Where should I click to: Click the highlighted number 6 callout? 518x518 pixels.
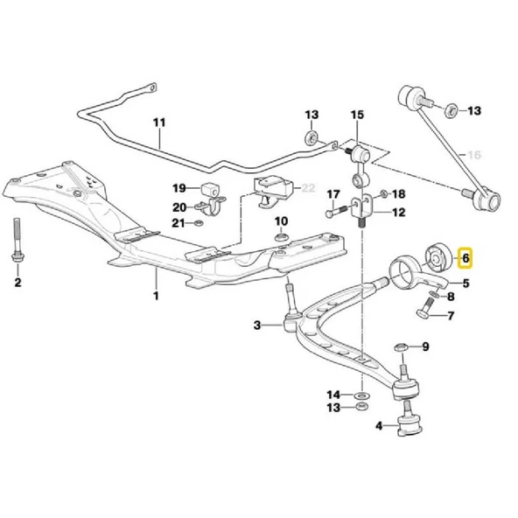pos(465,258)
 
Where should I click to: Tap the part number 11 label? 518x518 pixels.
pos(158,123)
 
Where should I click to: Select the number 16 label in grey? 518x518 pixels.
pos(475,155)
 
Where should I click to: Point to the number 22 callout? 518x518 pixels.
pos(307,187)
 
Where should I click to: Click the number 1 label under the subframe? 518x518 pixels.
pos(157,296)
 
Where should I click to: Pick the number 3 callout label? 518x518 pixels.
pos(257,325)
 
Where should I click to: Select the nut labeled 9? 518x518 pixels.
pos(399,347)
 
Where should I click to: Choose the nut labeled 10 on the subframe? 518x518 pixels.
pos(281,238)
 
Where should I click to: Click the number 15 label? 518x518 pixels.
pos(356,115)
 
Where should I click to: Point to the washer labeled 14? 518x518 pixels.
pos(360,396)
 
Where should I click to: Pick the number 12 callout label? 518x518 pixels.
pos(398,212)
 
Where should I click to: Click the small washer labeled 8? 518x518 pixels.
pos(435,296)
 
